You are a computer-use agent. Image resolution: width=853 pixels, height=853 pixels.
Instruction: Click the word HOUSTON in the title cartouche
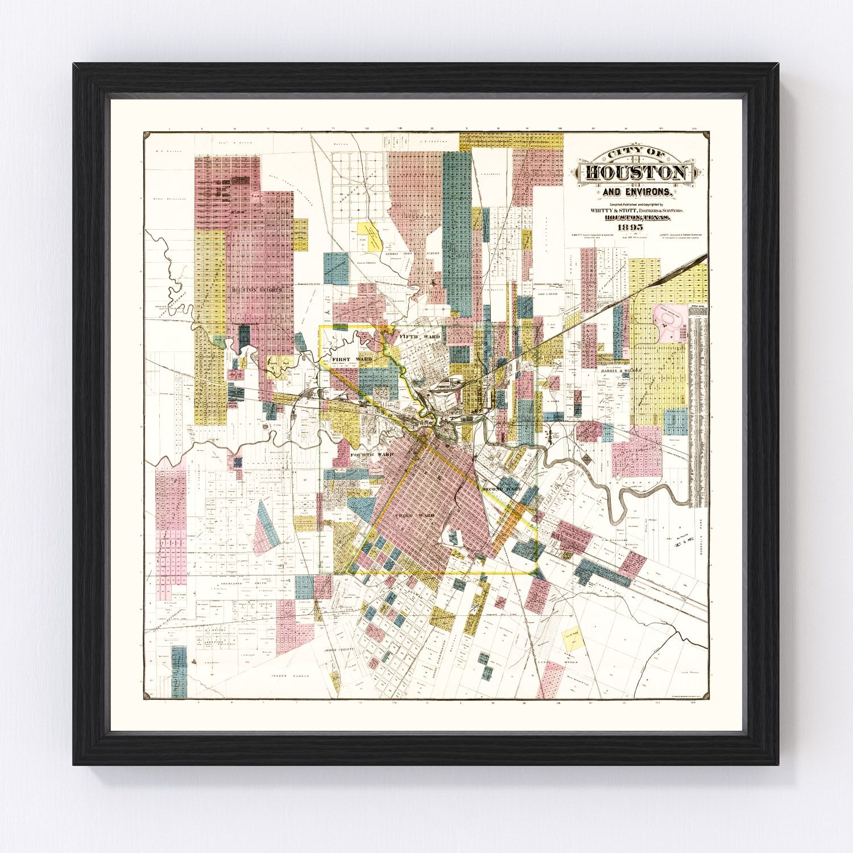tap(635, 173)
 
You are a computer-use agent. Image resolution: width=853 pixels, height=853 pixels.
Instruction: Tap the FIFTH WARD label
tap(420, 337)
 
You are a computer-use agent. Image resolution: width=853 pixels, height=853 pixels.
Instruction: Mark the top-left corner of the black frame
tap(74, 64)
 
